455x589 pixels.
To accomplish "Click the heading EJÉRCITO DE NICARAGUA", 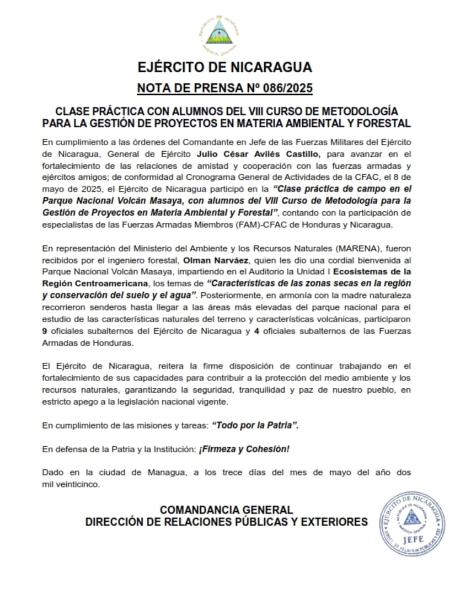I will point(225,68).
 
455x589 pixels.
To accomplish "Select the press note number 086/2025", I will point(279,88).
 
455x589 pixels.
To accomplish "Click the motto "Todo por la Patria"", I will point(256,426).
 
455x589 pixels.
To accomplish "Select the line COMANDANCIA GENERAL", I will point(226,510).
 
